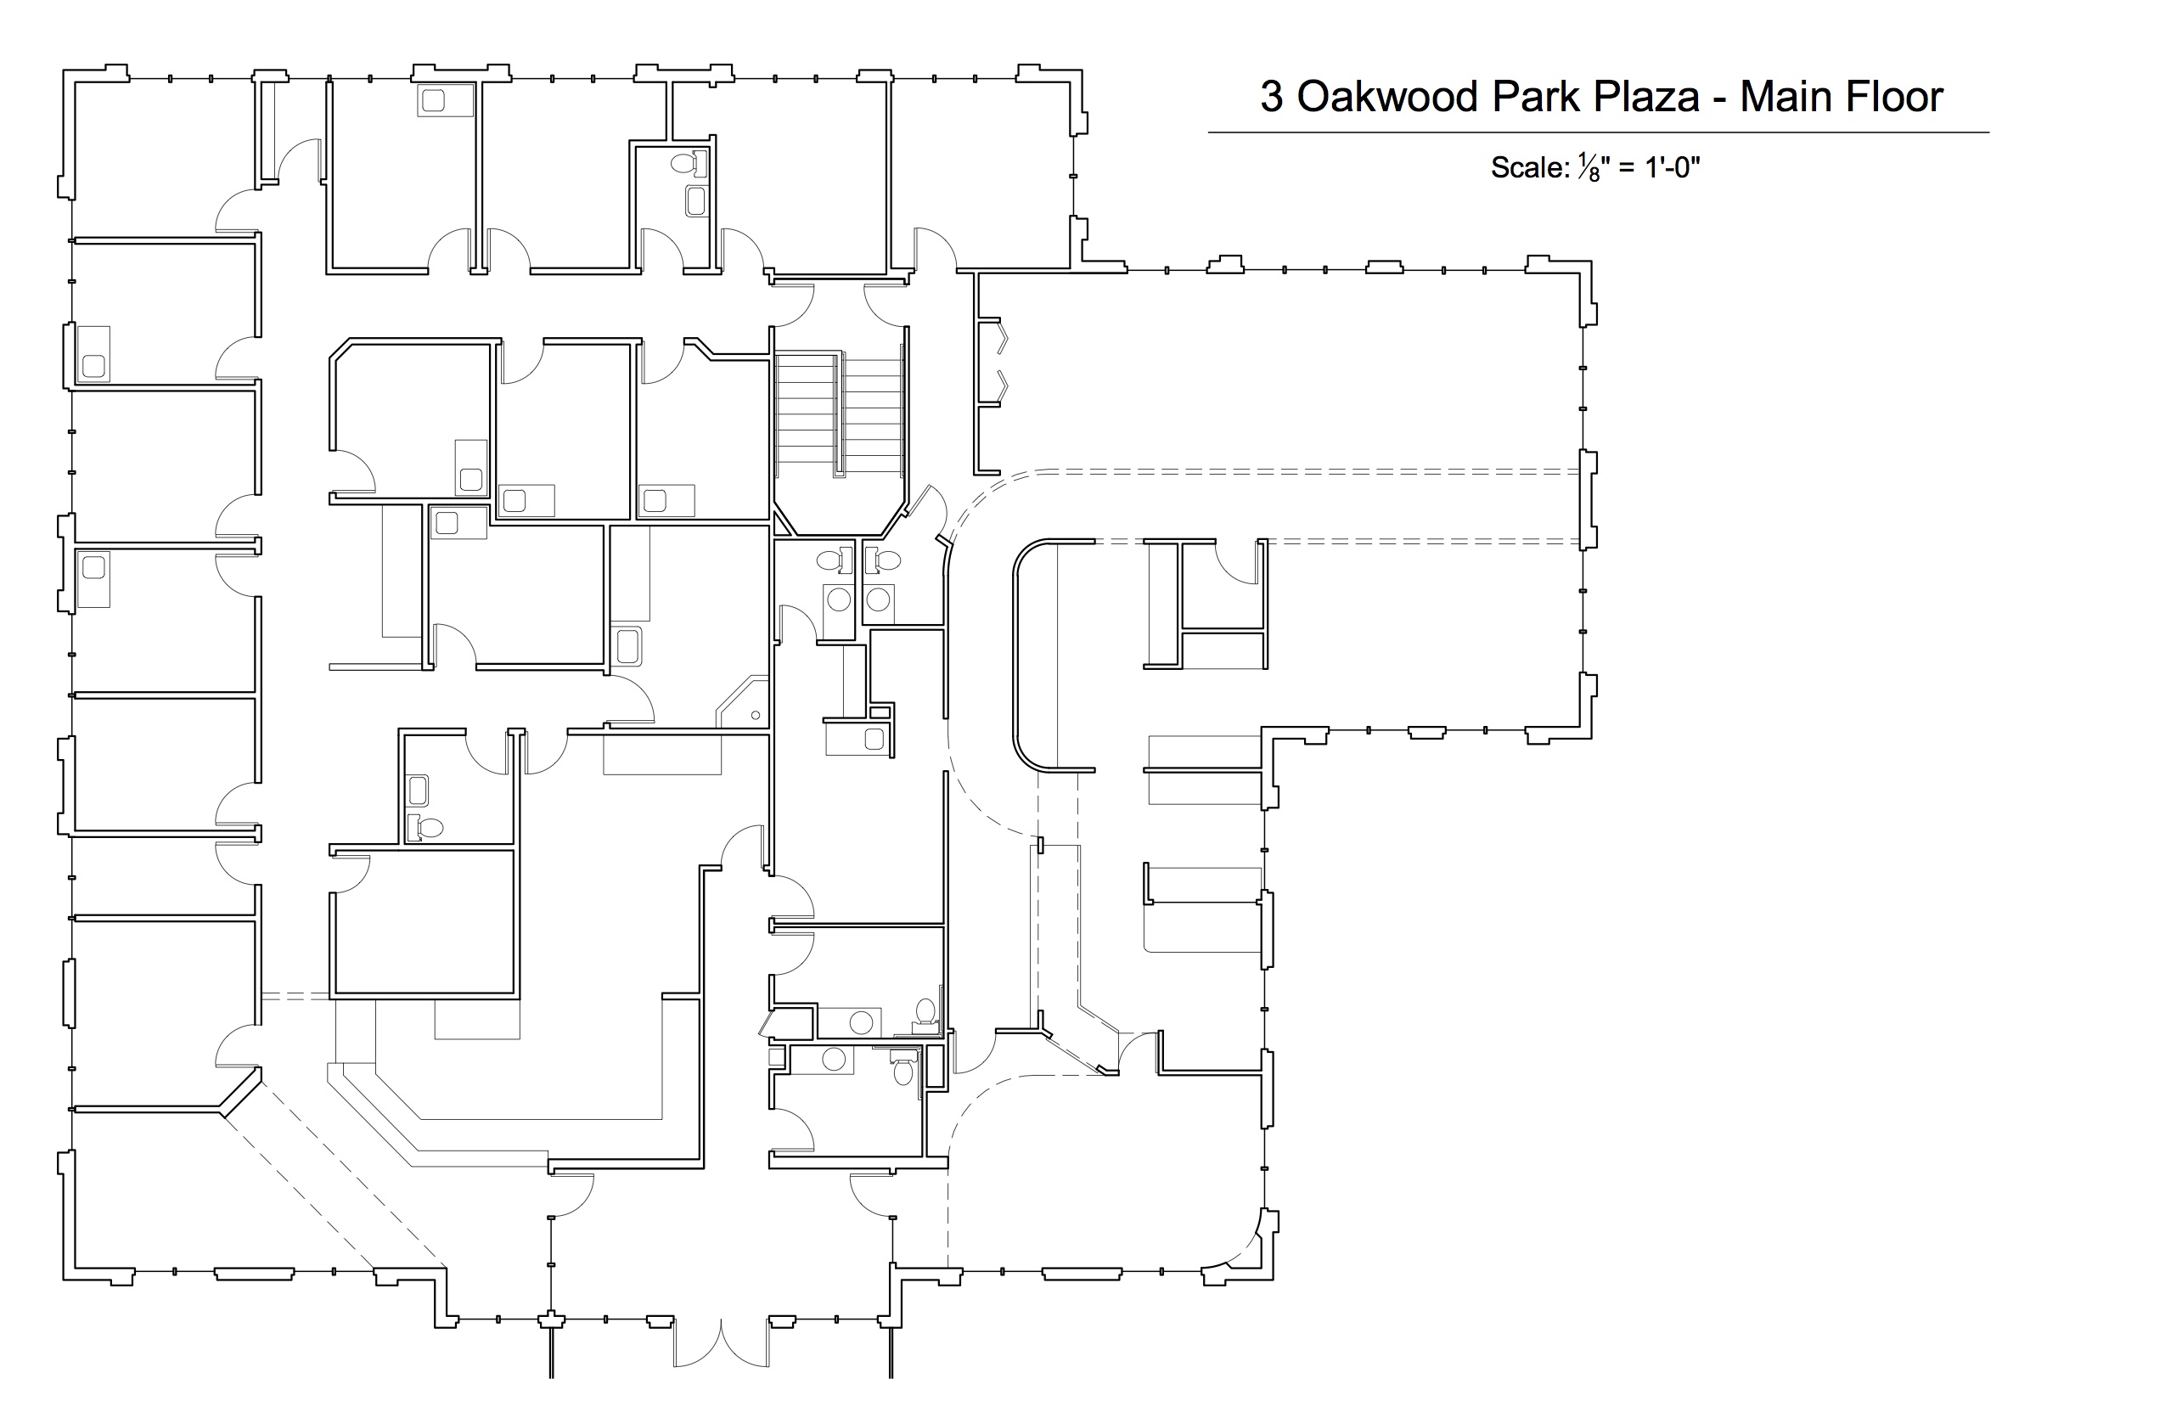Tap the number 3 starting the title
pos(1271,97)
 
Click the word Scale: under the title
pos(1530,167)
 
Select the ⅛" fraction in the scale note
pos(1594,168)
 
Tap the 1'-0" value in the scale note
pos(1672,167)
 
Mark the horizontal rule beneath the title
pos(1598,132)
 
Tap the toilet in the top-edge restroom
pos(689,165)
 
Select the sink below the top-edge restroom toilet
pos(697,201)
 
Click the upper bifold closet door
pos(1002,338)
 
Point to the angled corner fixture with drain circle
pos(744,701)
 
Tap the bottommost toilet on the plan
pos(903,1069)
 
